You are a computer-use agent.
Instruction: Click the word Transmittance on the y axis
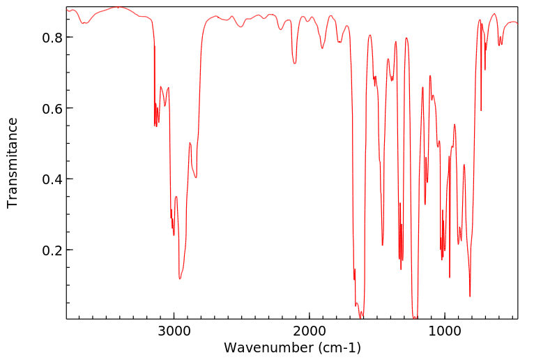click(x=13, y=163)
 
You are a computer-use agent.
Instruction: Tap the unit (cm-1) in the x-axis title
click(x=338, y=347)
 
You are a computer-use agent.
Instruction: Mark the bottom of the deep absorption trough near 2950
click(x=180, y=279)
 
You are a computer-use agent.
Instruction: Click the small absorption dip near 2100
click(x=295, y=63)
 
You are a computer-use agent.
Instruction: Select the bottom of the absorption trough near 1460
click(x=382, y=245)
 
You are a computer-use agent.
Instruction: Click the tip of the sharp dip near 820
click(x=470, y=297)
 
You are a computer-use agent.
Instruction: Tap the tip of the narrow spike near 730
click(x=481, y=110)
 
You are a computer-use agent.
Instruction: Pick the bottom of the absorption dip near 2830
click(x=196, y=177)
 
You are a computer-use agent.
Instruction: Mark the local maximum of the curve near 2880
click(x=190, y=143)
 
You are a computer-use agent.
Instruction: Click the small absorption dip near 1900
click(x=322, y=48)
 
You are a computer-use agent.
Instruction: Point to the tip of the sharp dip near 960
click(x=450, y=277)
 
